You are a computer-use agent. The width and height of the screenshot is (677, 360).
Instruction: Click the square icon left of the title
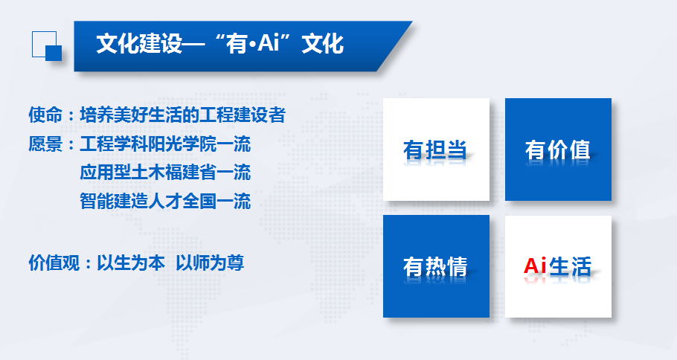47,46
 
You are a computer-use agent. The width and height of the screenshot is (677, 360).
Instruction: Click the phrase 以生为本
131,263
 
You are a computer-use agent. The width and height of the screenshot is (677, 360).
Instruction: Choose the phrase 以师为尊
211,263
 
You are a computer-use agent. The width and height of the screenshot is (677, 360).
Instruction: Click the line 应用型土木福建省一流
165,173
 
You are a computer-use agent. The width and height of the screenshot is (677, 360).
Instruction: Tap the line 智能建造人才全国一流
165,201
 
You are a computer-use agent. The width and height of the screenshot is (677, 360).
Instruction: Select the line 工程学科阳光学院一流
165,144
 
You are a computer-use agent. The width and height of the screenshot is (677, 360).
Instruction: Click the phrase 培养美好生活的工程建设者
182,115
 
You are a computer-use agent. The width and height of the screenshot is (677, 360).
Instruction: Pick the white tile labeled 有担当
436,150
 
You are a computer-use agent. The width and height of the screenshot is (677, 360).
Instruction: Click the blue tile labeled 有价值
558,150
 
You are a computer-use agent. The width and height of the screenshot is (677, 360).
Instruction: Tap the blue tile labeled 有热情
436,266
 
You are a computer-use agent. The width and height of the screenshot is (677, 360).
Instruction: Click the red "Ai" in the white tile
535,266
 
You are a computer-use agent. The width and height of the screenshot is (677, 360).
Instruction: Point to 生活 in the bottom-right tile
570,266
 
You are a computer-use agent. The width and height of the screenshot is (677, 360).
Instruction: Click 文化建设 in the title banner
139,44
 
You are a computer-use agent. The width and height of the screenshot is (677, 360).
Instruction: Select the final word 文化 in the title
323,44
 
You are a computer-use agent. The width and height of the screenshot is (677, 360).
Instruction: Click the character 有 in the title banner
237,44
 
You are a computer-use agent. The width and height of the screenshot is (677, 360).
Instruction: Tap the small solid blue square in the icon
54,53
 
